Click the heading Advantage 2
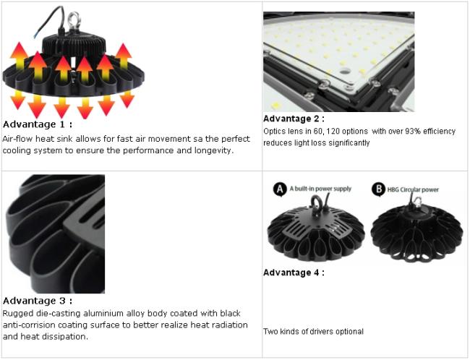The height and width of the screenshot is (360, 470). [294, 119]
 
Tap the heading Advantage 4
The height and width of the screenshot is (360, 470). [294, 273]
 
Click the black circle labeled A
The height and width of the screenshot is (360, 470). [280, 189]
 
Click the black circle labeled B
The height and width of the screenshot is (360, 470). [378, 189]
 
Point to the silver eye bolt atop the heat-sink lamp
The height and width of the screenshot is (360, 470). [74, 20]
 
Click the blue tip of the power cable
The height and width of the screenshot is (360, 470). [36, 35]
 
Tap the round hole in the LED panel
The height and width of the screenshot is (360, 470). [345, 71]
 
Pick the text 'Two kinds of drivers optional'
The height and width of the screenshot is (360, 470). [313, 332]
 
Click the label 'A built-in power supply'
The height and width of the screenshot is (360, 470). [320, 189]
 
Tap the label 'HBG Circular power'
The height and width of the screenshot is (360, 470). [413, 189]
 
